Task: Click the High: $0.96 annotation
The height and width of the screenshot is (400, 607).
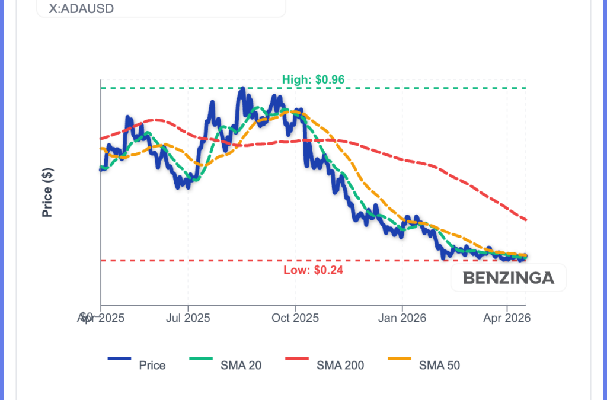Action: [x=313, y=79]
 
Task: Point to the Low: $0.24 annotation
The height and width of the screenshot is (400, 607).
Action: [x=313, y=270]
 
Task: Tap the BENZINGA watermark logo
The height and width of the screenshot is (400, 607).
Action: [x=509, y=277]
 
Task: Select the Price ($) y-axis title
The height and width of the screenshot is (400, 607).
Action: [x=48, y=192]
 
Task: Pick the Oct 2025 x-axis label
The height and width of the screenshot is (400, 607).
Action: [x=295, y=318]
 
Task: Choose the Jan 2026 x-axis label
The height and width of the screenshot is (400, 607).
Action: [x=402, y=318]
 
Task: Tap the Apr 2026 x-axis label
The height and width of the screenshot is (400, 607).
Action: [x=507, y=318]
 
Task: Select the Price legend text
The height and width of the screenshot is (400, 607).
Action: [x=152, y=365]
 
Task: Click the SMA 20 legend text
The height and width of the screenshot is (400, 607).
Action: [x=241, y=365]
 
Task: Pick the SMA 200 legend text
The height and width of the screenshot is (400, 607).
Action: [x=340, y=365]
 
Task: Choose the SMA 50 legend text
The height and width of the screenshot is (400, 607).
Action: [x=439, y=365]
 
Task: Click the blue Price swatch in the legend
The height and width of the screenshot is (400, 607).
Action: [x=119, y=359]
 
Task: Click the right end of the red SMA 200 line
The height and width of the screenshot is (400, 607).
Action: [x=526, y=220]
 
